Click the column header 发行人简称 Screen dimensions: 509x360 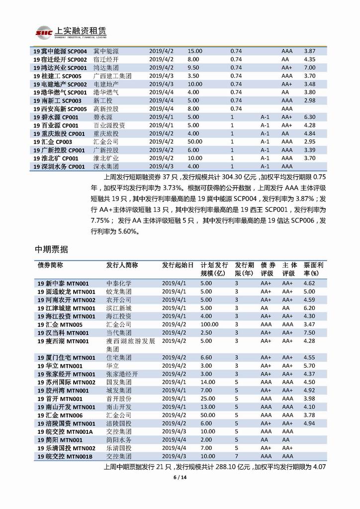click(122, 265)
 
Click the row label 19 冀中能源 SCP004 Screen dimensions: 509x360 click(60, 51)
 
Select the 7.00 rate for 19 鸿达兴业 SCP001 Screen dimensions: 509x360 click(310, 68)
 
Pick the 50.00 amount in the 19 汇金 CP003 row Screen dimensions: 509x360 click(195, 141)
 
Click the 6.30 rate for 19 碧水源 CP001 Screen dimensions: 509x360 click(310, 117)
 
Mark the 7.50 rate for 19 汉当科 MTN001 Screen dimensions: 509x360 click(309, 332)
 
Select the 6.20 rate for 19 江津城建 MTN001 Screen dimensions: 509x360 click(309, 308)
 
